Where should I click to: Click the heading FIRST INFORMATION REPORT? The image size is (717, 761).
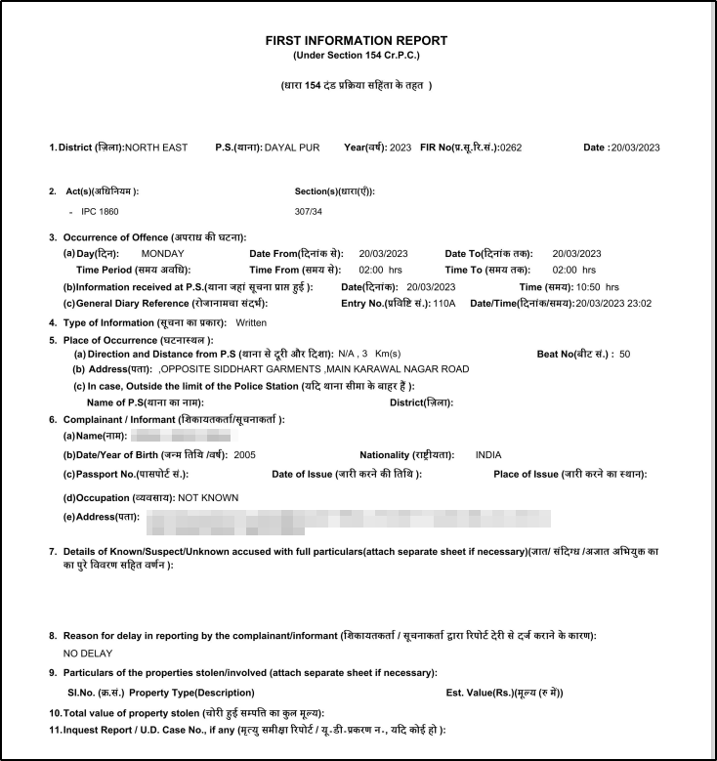(357, 40)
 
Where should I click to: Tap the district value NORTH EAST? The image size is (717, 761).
(156, 148)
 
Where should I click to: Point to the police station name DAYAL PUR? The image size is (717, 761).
(293, 148)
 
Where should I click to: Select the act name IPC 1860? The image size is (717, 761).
(101, 211)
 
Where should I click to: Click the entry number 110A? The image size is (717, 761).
(445, 304)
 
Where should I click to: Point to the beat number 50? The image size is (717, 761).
(625, 354)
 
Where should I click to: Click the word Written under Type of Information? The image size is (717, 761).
(251, 321)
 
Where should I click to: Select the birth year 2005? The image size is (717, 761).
(244, 455)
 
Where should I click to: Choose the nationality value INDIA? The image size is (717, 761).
(488, 455)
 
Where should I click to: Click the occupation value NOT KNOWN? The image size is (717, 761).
(208, 497)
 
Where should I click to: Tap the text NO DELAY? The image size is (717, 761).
(88, 654)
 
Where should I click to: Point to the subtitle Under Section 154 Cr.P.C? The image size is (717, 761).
(356, 55)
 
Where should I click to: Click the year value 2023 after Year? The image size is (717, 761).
(401, 148)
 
